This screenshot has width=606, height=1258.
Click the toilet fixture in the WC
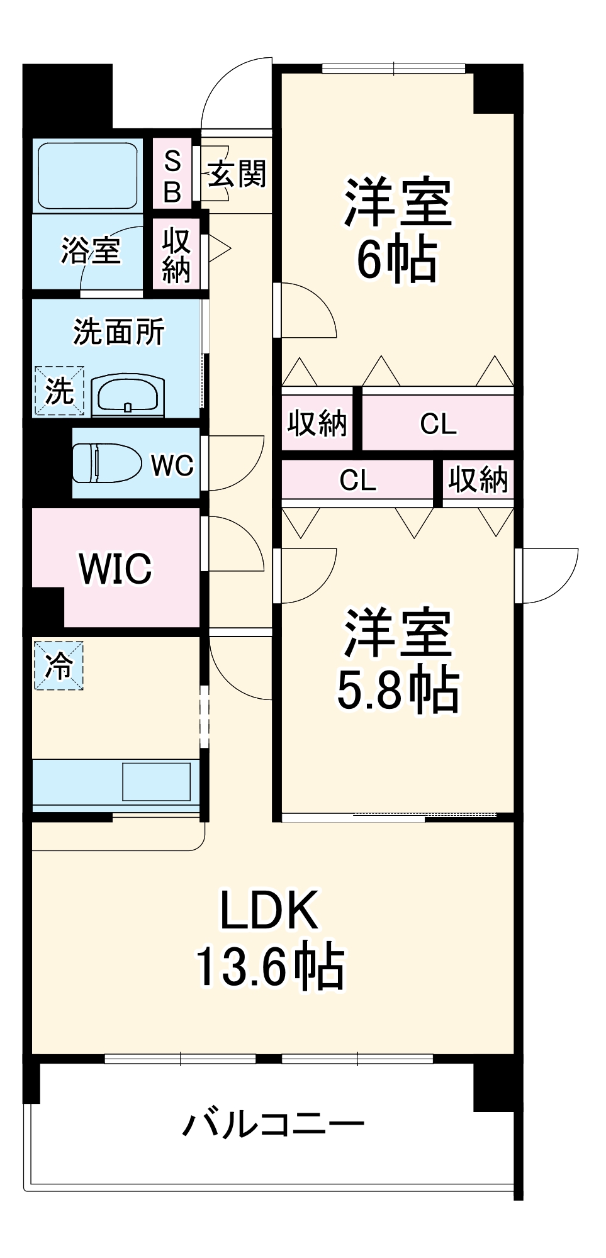pos(107,463)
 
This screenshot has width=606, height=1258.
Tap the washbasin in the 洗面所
pos(129,396)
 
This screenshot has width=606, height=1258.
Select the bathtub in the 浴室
pos(87,175)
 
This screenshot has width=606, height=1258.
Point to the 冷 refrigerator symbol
pos(59,665)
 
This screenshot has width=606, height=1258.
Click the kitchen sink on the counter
pos(156,782)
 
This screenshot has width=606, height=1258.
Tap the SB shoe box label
pos(172,177)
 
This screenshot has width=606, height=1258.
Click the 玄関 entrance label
pos(237,173)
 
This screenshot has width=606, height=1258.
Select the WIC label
pos(115,569)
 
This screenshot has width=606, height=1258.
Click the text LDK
pos(269,910)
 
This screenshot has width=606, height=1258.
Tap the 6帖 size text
pos(396,259)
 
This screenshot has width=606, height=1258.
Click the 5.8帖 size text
pos(398,690)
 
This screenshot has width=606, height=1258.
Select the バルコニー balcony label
pos(273,1123)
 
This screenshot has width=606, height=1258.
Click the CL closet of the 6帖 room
pos(438,424)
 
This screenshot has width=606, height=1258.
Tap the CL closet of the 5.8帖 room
pos(357,481)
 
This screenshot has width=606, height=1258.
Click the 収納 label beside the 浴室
pos(176,255)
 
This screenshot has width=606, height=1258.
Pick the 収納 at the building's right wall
pos(478,481)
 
